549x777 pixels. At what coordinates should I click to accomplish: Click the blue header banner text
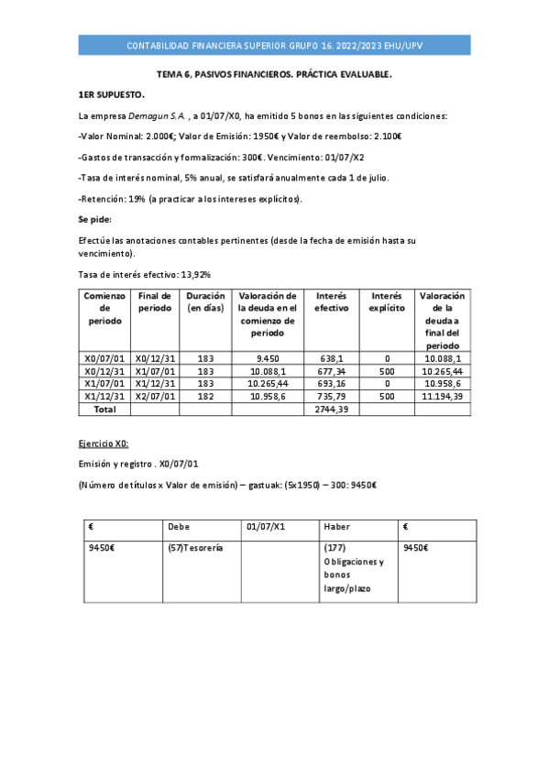(274, 46)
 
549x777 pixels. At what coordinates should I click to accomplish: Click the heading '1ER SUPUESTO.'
(111, 94)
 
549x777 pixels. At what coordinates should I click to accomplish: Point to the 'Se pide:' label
(95, 219)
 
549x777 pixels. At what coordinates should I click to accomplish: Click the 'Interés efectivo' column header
(331, 302)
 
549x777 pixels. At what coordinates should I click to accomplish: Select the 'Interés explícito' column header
(387, 302)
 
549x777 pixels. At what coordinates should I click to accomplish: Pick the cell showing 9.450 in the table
(268, 358)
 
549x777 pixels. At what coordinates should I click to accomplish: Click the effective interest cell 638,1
(331, 358)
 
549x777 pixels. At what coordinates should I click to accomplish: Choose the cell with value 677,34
(331, 371)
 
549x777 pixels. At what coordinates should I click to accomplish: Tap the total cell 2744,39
(331, 409)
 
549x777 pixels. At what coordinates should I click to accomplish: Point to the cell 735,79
(331, 396)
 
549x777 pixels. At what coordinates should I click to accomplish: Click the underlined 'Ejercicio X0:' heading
(104, 443)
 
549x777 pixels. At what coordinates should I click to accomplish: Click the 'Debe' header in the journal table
(179, 527)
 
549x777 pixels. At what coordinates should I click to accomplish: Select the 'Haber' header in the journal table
(336, 527)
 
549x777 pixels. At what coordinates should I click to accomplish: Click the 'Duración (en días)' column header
(205, 302)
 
